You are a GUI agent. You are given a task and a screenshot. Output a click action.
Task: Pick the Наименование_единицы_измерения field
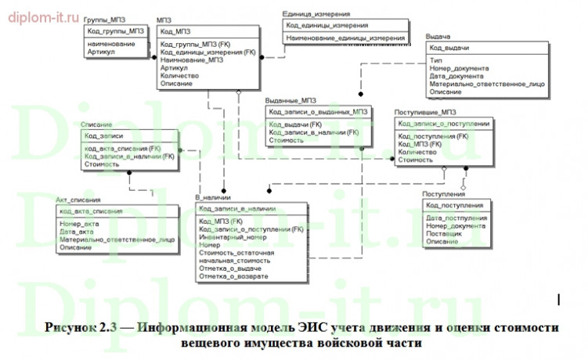pyautogui.click(x=345, y=37)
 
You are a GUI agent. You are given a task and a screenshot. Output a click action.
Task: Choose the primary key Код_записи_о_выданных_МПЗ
pyautogui.click(x=316, y=112)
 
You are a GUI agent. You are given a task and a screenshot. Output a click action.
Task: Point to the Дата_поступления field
pyautogui.click(x=457, y=218)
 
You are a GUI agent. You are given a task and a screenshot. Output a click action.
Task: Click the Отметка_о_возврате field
pyautogui.click(x=233, y=277)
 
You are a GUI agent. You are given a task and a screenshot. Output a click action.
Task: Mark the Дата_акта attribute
pyautogui.click(x=76, y=232)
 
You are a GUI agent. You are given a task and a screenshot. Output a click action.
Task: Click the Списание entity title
pyautogui.click(x=96, y=124)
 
